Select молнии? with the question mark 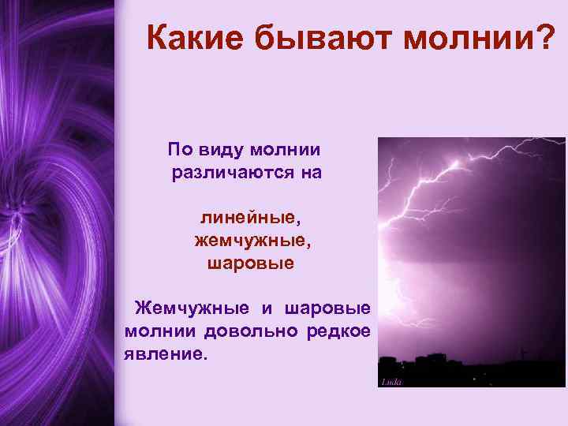pos(481,38)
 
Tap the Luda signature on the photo pos(392,383)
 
